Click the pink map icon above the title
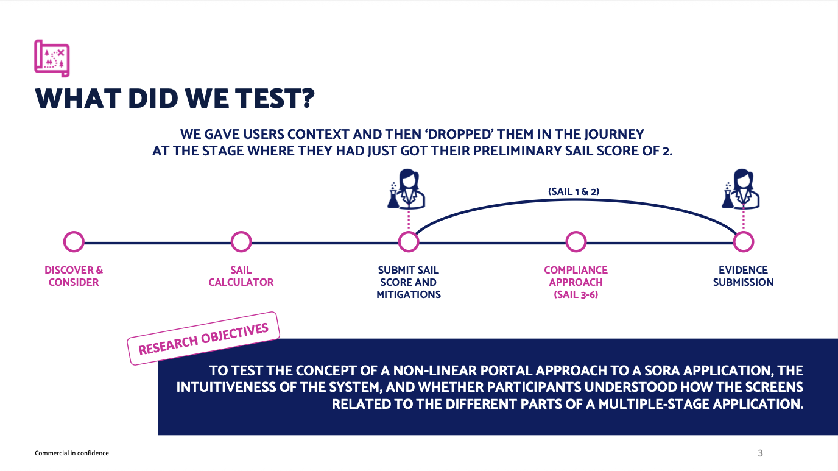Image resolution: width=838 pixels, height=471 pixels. [52, 58]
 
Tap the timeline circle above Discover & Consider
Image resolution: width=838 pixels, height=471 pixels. [74, 241]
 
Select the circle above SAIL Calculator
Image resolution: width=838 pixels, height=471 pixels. [241, 241]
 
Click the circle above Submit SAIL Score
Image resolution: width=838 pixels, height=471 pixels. [409, 241]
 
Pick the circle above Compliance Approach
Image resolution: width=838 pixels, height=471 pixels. [576, 241]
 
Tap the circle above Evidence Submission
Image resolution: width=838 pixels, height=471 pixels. [744, 241]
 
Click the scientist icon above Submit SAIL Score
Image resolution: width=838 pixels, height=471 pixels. [406, 189]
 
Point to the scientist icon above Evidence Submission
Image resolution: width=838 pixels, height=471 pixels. [741, 189]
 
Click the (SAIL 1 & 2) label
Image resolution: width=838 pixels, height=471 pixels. [574, 192]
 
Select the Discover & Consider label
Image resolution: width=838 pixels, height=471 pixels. [74, 276]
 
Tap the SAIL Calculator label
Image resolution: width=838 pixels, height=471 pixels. [241, 276]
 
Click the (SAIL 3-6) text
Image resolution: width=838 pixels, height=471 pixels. [576, 295]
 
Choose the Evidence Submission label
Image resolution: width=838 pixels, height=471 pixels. [744, 276]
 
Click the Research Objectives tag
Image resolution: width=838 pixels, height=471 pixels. [203, 338]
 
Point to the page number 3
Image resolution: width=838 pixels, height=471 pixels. [760, 453]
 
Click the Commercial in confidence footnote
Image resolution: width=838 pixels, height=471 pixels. [72, 453]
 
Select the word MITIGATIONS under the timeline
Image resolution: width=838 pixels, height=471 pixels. [409, 295]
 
